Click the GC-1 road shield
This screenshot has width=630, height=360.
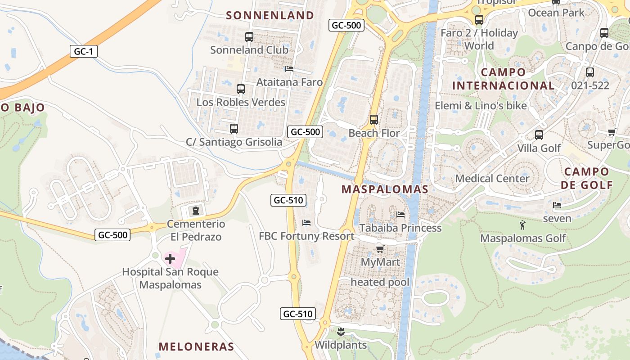point(83,51)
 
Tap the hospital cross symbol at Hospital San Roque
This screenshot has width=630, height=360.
point(170,259)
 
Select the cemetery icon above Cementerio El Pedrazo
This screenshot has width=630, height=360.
point(195,210)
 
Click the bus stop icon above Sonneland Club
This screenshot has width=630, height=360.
point(249,37)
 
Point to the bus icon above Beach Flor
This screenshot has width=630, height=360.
point(373,120)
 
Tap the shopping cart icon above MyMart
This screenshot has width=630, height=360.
point(380,249)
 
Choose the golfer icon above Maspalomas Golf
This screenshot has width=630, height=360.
point(522,225)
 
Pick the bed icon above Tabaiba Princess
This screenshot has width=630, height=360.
point(400,215)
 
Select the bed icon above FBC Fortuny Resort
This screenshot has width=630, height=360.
point(306,223)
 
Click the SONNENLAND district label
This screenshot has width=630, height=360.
point(270,15)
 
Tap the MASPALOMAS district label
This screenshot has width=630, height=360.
point(385,189)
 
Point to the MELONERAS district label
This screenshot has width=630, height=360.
point(196,346)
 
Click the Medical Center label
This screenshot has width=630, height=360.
point(492,178)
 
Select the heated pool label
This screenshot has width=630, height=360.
point(380,282)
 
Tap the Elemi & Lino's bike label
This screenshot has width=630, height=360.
point(481,106)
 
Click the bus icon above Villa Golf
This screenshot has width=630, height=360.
point(539,135)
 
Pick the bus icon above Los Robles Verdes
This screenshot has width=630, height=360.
point(241,89)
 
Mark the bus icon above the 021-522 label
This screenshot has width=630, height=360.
point(589,72)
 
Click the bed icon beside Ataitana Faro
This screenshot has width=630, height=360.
point(289,69)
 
